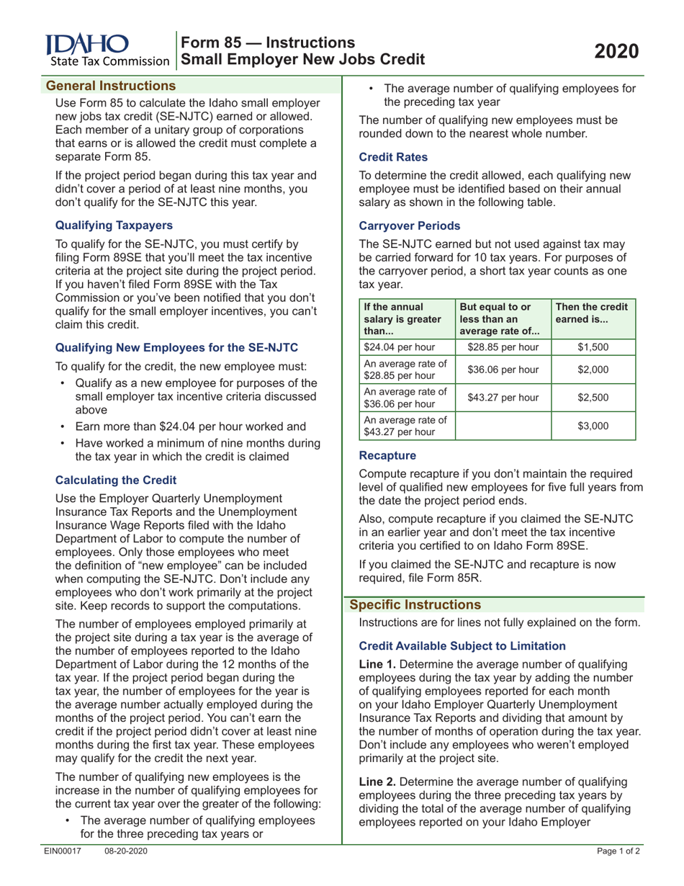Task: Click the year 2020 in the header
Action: pyautogui.click(x=616, y=51)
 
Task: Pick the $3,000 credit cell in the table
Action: pyautogui.click(x=594, y=426)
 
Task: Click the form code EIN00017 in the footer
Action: pyautogui.click(x=63, y=872)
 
